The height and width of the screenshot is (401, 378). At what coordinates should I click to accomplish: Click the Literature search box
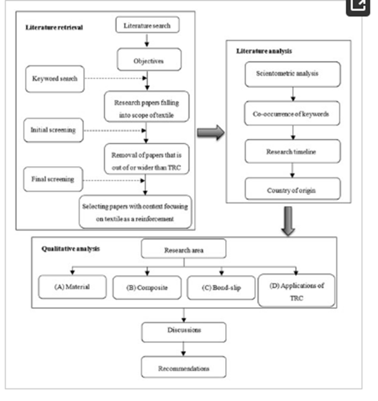pos(147,25)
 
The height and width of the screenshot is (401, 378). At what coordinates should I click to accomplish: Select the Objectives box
pos(149,60)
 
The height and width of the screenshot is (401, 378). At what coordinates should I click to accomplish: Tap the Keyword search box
pos(55,78)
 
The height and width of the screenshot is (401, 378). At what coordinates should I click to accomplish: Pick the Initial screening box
pos(53,130)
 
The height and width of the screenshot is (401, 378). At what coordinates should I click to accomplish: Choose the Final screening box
pos(53,179)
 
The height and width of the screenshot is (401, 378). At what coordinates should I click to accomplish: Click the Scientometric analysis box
pos(293,74)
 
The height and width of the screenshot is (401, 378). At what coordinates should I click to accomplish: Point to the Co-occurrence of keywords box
pos(292,113)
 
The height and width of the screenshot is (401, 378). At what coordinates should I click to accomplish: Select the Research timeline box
pos(293,151)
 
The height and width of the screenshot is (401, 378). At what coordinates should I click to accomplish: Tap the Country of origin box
pos(293,189)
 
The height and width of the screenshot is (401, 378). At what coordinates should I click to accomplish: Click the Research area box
pos(183,248)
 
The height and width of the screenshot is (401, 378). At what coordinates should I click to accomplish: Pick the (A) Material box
pos(72,287)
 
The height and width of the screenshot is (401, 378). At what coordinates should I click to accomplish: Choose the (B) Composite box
pos(147,288)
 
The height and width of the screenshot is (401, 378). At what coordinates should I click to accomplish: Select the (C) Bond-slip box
pos(221,288)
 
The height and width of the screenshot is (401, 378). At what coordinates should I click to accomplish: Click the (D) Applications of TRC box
pos(297,291)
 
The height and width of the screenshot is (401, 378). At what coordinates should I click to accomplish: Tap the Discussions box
pos(184,333)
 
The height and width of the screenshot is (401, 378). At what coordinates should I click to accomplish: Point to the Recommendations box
pos(183,367)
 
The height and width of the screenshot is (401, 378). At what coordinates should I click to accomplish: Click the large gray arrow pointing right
pos(211,133)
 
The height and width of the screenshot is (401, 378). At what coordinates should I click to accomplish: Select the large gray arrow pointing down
pos(288,221)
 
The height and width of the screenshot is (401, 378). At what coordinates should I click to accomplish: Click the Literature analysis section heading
pos(264,51)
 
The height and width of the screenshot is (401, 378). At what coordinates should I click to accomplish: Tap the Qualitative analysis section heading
pos(71,249)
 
